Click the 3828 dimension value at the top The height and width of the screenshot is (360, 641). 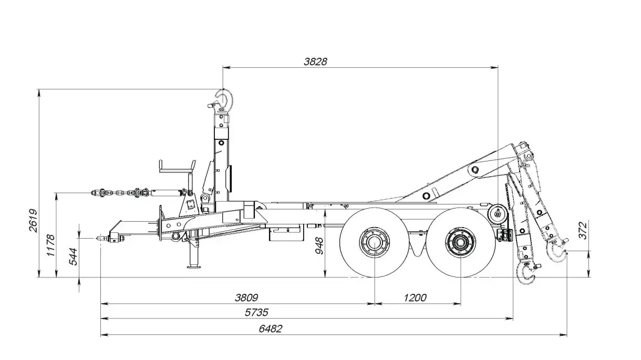coord(315,61)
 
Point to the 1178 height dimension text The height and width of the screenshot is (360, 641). coord(51,245)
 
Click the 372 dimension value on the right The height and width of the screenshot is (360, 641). coord(584,230)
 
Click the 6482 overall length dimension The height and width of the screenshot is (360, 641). coord(271,329)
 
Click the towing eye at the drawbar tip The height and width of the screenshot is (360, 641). coord(100,238)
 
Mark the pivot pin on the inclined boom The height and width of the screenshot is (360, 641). coord(475,170)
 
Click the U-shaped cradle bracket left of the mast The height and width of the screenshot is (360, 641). coord(177,169)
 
